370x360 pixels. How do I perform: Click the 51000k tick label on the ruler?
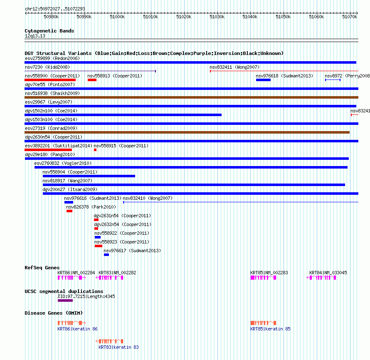pyautogui.click(x=117, y=17)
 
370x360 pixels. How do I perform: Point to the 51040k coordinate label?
pyautogui.click(x=250, y=17)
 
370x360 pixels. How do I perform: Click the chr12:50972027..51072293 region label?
pyautogui.click(x=55, y=9)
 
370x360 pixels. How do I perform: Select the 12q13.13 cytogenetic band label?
pyautogui.click(x=35, y=36)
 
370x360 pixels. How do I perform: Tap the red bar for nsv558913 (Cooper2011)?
pyautogui.click(x=92, y=80)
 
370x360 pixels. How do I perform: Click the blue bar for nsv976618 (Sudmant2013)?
pyautogui.click(x=263, y=80)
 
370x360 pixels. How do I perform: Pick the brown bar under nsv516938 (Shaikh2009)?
pyautogui.click(x=191, y=97)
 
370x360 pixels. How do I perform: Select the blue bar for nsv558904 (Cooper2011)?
pyautogui.click(x=89, y=176)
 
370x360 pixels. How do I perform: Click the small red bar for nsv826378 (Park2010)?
pyautogui.click(x=69, y=211)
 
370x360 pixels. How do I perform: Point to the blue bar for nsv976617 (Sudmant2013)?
pyautogui.click(x=106, y=255)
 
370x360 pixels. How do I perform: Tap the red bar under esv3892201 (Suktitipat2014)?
pyautogui.click(x=48, y=150)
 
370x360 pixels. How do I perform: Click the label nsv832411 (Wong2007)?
pyautogui.click(x=234, y=67)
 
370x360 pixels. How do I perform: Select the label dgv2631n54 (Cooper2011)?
pyautogui.click(x=122, y=216)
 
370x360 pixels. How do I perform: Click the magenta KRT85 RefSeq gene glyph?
pyautogui.click(x=263, y=278)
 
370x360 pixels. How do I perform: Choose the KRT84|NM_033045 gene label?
pyautogui.click(x=328, y=273)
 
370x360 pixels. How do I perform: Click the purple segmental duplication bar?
pyautogui.click(x=65, y=300)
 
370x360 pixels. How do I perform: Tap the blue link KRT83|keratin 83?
pyautogui.click(x=119, y=347)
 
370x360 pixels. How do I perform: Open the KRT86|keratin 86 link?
pyautogui.click(x=78, y=329)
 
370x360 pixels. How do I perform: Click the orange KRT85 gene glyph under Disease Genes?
pyautogui.click(x=263, y=323)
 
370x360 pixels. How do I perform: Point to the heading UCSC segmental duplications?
pyautogui.click(x=64, y=291)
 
